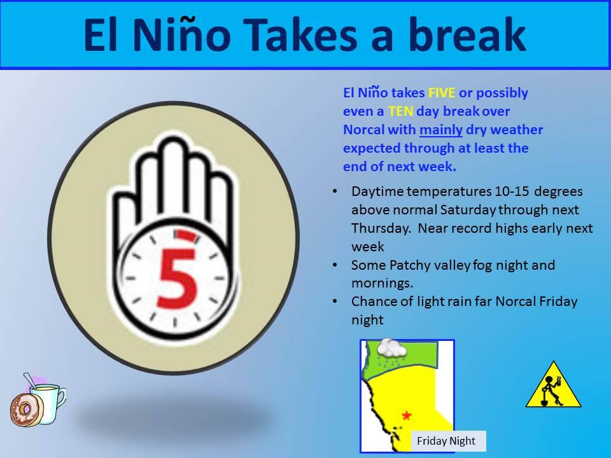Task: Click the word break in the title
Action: point(467,34)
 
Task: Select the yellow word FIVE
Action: point(442,93)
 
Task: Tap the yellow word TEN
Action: point(400,111)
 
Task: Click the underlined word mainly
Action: point(440,130)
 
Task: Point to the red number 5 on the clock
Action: point(176,277)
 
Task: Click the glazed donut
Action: point(25,409)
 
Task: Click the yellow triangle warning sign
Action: point(553,386)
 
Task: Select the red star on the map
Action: point(407,415)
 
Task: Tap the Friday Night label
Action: point(446,441)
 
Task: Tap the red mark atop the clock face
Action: point(185,235)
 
